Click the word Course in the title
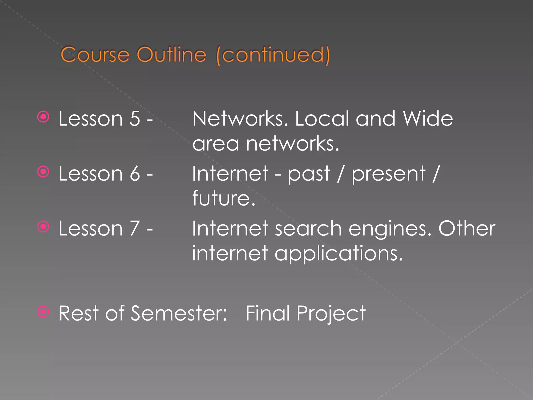tap(95, 55)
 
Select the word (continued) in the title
tap(273, 55)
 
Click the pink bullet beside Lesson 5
tap(43, 117)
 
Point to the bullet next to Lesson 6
tap(43, 172)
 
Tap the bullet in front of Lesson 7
tap(43, 226)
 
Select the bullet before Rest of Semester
tap(43, 311)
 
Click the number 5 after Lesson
tap(135, 119)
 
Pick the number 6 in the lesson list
tap(135, 174)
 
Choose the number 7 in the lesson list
tap(135, 229)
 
